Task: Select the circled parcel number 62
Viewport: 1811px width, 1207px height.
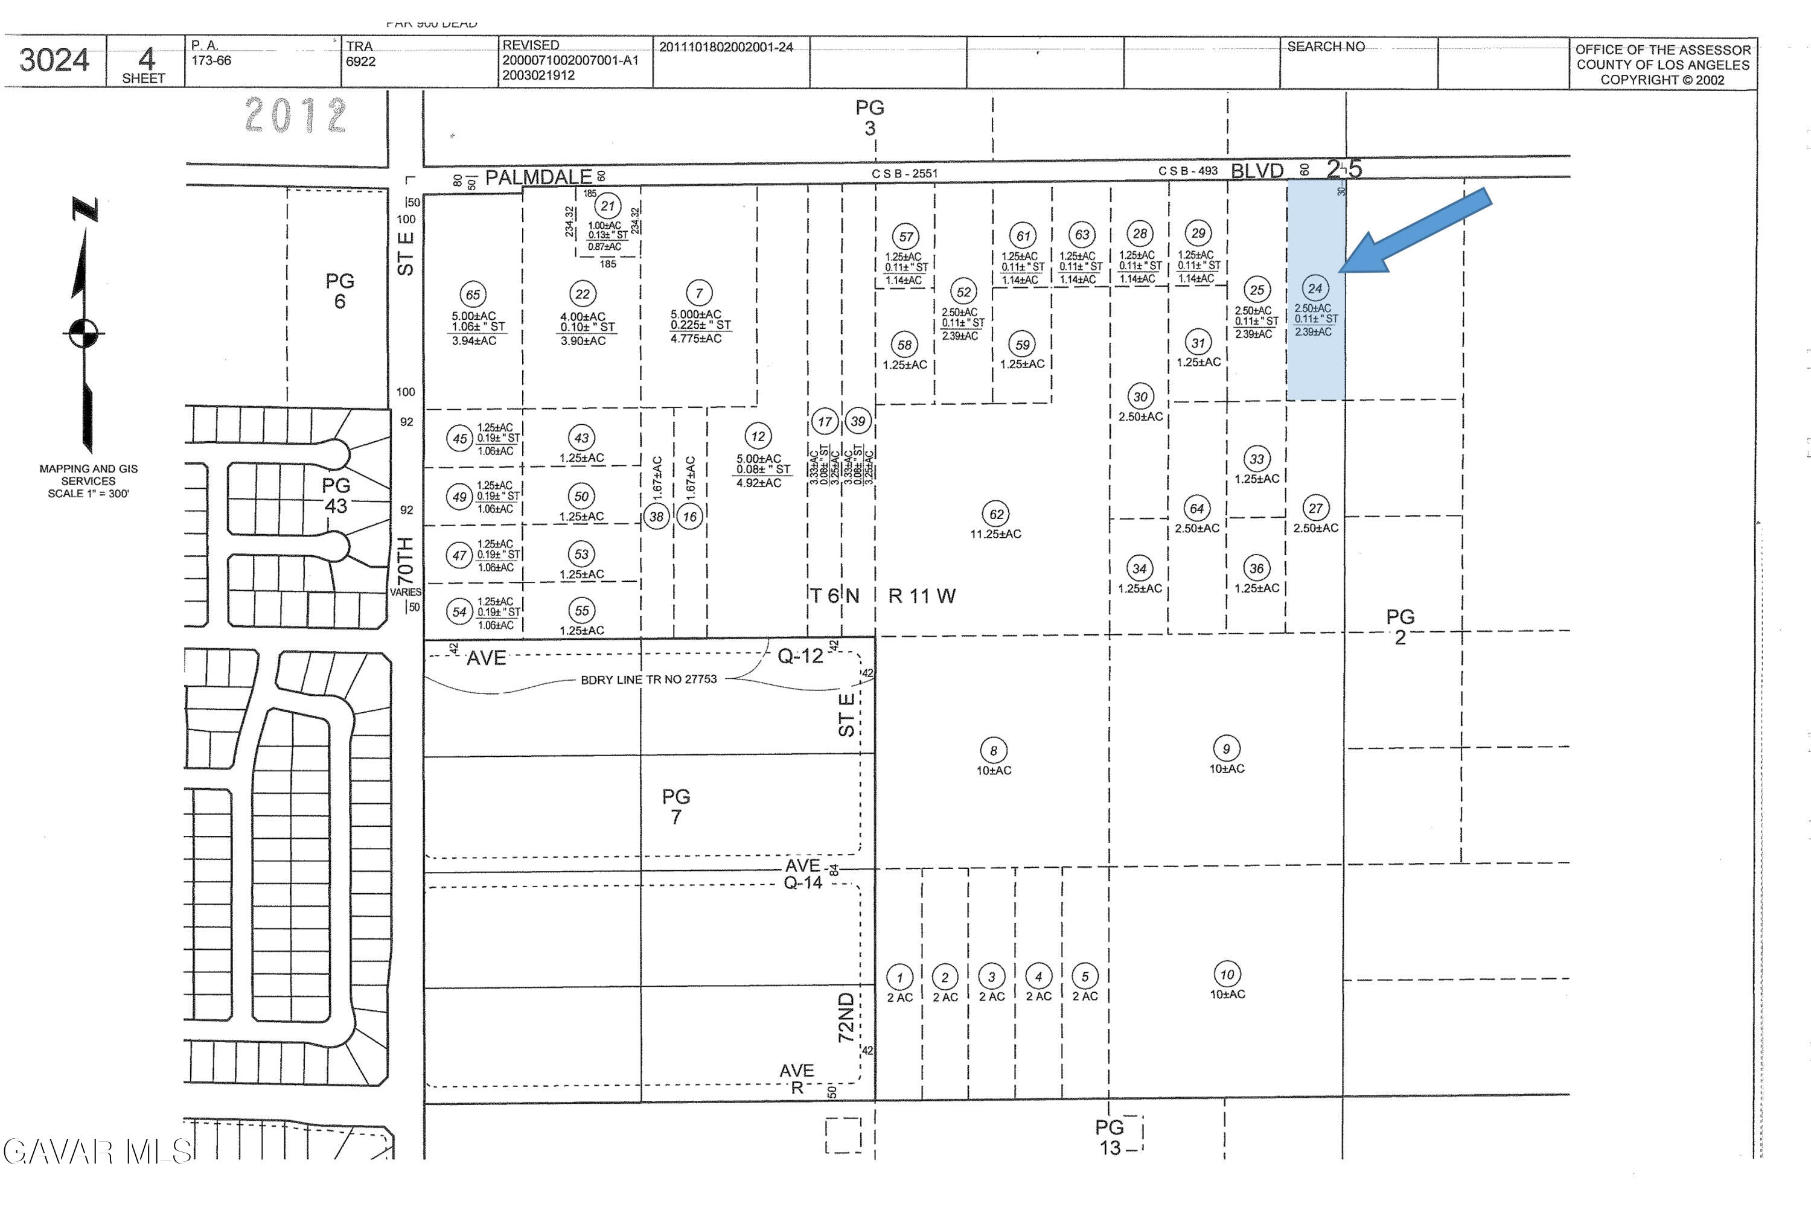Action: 997,514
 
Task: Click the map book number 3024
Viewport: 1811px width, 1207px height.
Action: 54,60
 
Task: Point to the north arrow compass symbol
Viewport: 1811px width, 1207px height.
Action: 84,333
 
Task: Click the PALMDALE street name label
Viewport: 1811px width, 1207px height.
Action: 538,177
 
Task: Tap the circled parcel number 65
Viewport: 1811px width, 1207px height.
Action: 473,294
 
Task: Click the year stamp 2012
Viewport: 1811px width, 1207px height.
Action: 296,115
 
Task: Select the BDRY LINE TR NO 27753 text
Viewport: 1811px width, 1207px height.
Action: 648,680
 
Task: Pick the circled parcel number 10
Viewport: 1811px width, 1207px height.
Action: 1227,975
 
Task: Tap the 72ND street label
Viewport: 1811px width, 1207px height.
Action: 846,1017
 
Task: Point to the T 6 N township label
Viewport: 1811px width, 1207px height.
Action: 834,596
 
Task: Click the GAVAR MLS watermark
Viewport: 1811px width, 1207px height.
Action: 96,1151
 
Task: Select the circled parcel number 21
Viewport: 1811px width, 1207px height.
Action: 607,206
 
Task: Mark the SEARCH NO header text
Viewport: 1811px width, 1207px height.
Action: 1326,47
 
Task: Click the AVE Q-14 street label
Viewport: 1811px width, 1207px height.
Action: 803,874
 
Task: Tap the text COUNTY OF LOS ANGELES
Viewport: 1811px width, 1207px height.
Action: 1662,65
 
